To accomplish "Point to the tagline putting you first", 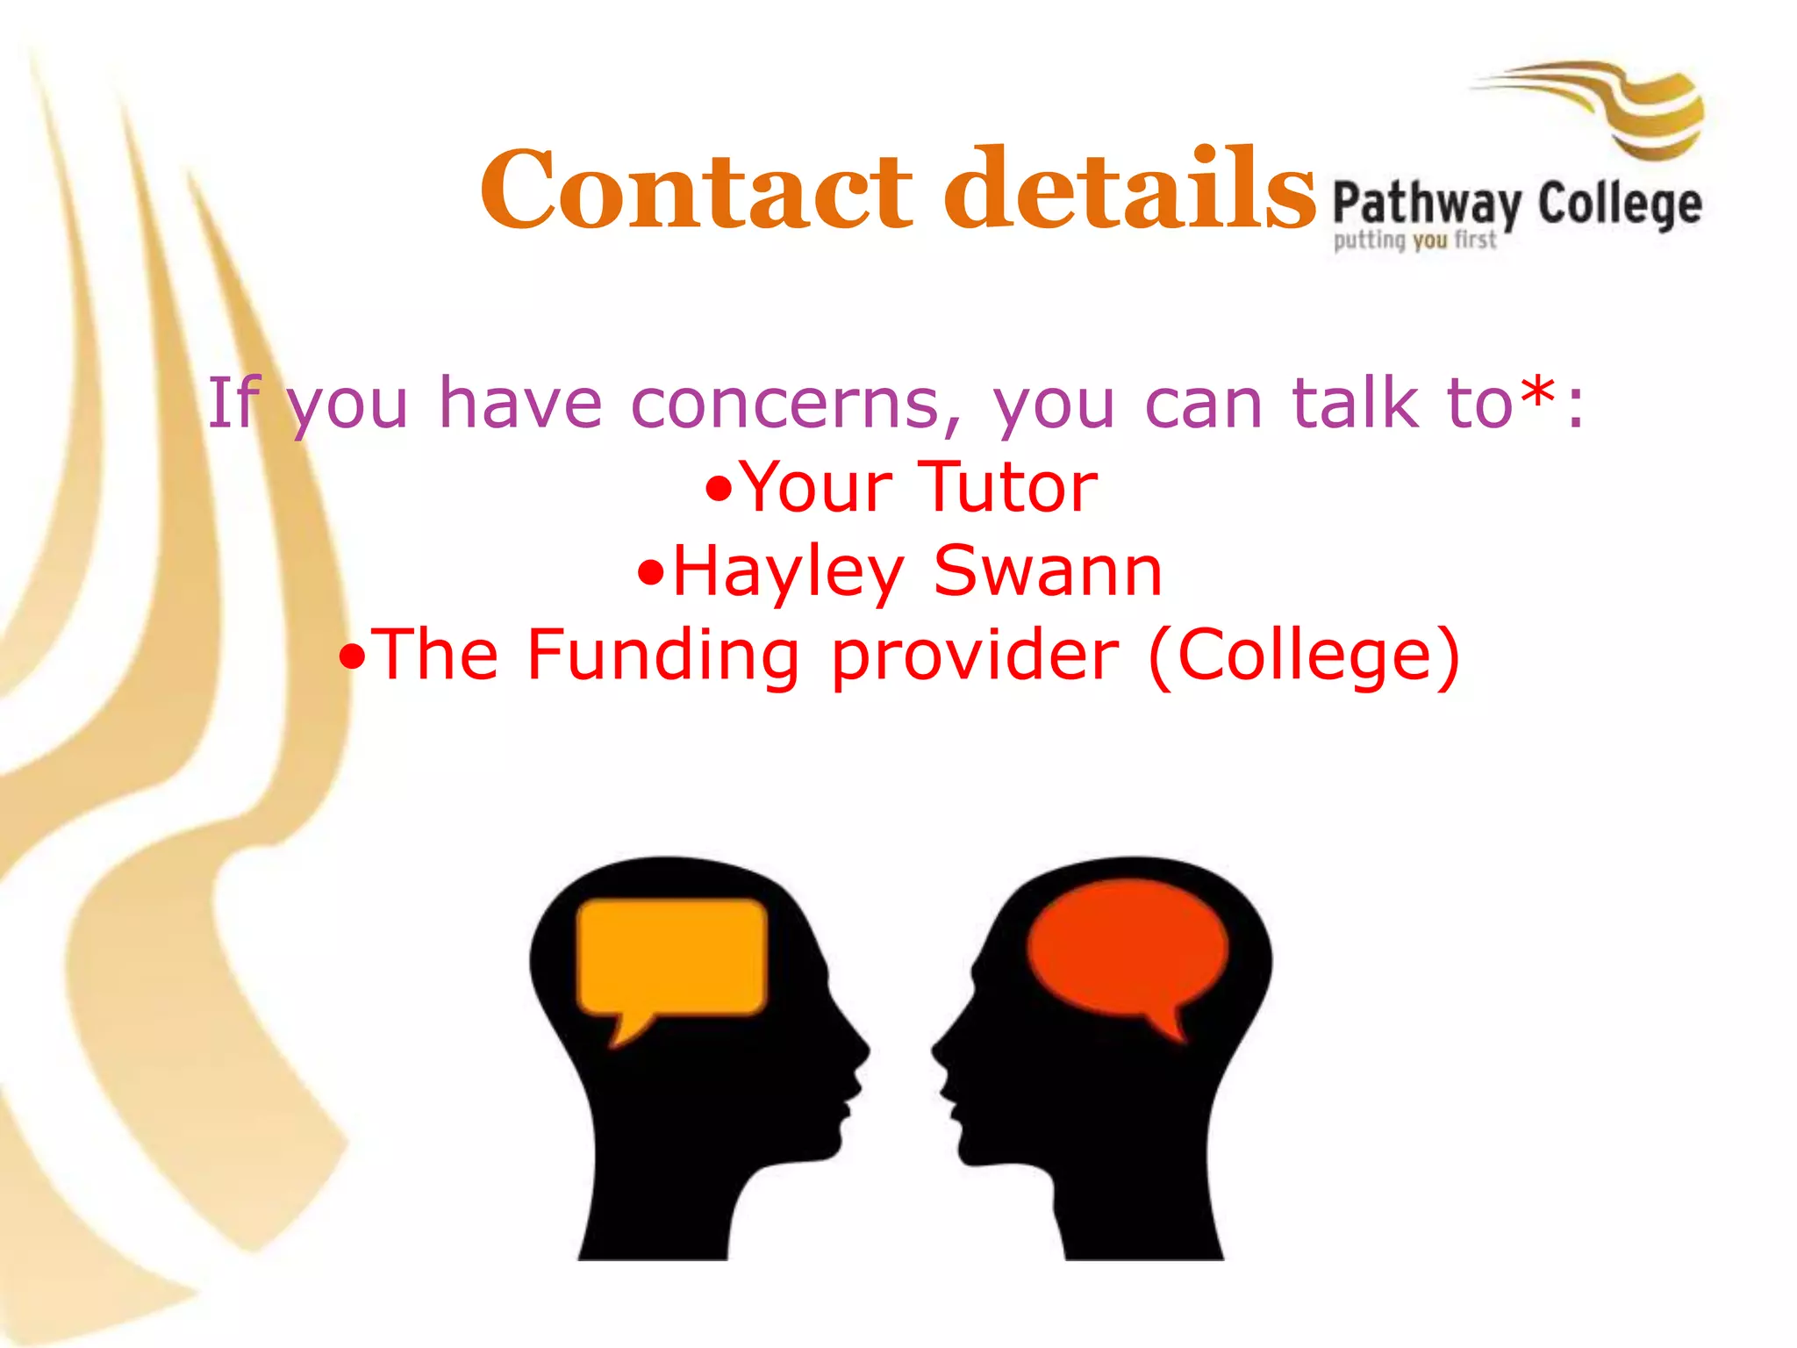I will pyautogui.click(x=1414, y=240).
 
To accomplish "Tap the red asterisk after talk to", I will pyautogui.click(x=1539, y=397).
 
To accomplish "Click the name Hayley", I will pyautogui.click(x=788, y=572).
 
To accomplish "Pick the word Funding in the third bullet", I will pyautogui.click(x=662, y=656).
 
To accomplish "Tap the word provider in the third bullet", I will pyautogui.click(x=975, y=657).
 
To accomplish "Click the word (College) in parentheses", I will pyautogui.click(x=1304, y=656).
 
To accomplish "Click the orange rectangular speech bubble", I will pyautogui.click(x=672, y=957).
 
